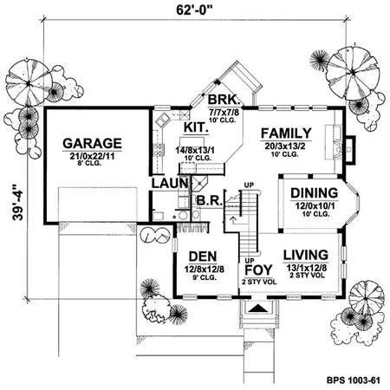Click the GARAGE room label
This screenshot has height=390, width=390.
[x=92, y=144]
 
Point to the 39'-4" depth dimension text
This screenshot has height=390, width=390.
[x=18, y=203]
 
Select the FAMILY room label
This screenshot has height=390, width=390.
[x=286, y=133]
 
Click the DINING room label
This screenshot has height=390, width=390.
[x=315, y=193]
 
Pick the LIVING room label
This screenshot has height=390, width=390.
[x=306, y=255]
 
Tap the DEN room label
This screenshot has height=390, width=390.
[x=203, y=257]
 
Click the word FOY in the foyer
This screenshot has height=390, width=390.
[x=258, y=270]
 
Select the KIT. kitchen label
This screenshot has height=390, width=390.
[x=196, y=127]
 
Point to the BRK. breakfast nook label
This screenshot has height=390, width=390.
[x=224, y=100]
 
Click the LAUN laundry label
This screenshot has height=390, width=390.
[x=170, y=184]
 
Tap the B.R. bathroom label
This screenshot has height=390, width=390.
[x=209, y=201]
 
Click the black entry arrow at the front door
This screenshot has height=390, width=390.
[x=258, y=309]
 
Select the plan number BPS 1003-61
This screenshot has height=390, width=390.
[x=354, y=380]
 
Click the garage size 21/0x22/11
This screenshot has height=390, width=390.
[x=92, y=156]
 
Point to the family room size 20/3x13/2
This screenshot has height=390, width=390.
[x=285, y=146]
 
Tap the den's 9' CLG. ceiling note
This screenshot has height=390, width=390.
[x=205, y=277]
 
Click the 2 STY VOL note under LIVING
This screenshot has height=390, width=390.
[x=307, y=275]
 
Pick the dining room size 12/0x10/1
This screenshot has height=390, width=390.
[x=315, y=206]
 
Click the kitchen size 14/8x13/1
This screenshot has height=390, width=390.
[x=195, y=151]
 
